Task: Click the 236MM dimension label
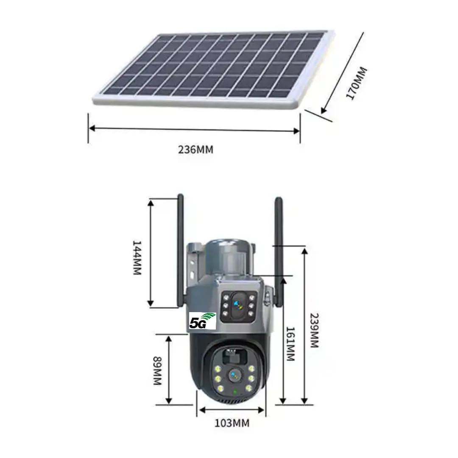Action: (x=195, y=150)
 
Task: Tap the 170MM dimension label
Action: (x=356, y=83)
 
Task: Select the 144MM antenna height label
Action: (x=137, y=258)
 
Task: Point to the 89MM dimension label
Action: (x=158, y=370)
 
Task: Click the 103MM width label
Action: (x=232, y=423)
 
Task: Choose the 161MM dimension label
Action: (x=290, y=343)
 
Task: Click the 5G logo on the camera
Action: (x=202, y=321)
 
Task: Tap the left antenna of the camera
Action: (x=181, y=251)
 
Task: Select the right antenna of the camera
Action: (x=279, y=252)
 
